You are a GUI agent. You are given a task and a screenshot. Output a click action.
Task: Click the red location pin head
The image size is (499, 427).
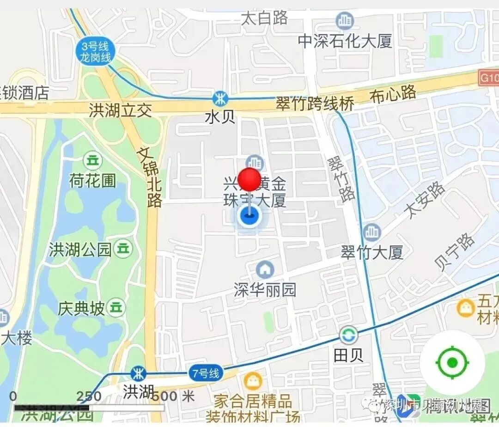click(249, 179)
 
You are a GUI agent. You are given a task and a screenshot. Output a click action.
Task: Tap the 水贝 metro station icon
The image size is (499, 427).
click(220, 98)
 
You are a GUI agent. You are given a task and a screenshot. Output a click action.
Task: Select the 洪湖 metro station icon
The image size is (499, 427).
click(138, 373)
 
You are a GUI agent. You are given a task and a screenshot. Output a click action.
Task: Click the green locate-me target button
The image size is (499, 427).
click(452, 362)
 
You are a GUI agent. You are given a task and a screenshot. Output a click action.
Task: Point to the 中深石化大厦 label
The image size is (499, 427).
click(345, 41)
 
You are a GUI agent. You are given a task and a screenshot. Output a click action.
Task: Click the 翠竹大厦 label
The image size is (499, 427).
click(372, 252)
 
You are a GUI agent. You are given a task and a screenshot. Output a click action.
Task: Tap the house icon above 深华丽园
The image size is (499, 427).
click(265, 269)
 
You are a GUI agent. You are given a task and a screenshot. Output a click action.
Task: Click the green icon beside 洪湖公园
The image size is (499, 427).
click(123, 249)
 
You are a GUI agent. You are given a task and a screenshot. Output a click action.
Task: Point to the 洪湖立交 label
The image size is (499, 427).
click(120, 110)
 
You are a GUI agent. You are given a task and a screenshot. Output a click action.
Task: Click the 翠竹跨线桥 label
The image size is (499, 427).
click(315, 103)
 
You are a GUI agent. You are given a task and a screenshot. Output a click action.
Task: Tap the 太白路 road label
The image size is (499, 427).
click(265, 18)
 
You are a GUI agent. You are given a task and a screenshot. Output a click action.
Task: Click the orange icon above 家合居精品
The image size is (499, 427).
click(253, 380)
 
